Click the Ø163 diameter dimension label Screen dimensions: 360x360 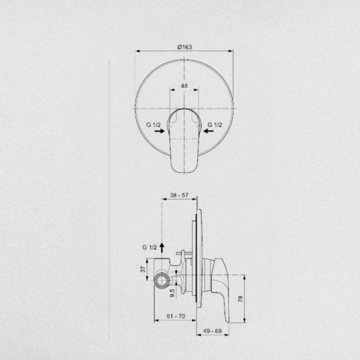click(x=185, y=47)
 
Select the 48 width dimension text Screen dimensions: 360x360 click(x=184, y=86)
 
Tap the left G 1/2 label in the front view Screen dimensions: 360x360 click(x=154, y=125)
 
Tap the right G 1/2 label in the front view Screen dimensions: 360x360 click(x=215, y=125)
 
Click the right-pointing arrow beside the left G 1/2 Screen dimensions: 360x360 click(x=160, y=131)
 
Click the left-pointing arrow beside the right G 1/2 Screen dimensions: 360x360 click(x=209, y=131)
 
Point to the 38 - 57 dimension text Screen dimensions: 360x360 click(x=179, y=195)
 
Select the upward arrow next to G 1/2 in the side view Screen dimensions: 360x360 click(x=162, y=248)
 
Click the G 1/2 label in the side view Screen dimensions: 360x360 click(x=149, y=247)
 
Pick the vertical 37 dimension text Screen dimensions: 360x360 click(x=143, y=269)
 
